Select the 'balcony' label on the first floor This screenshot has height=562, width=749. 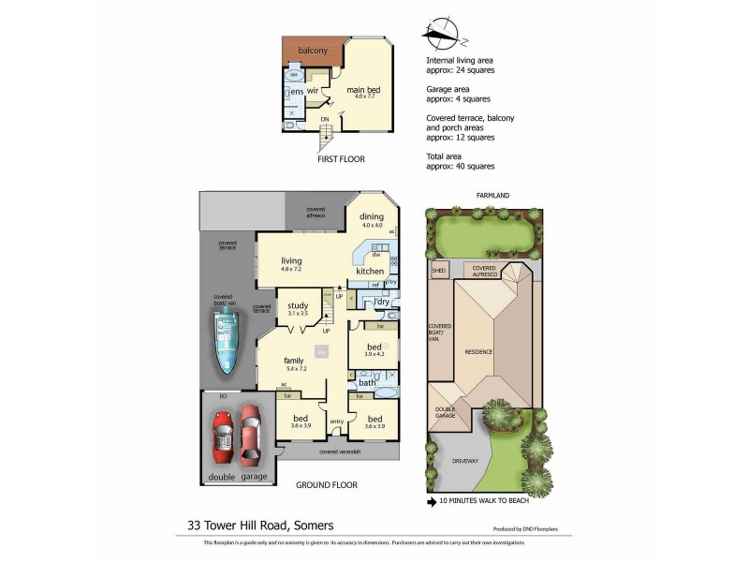pyautogui.click(x=312, y=51)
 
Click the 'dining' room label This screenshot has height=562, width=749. pyautogui.click(x=372, y=216)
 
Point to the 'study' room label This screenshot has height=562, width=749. pyautogui.click(x=299, y=305)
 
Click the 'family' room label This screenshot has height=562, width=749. pyautogui.click(x=296, y=360)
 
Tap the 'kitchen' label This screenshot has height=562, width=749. pyautogui.click(x=370, y=272)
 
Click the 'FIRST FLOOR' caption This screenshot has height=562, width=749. pyautogui.click(x=340, y=159)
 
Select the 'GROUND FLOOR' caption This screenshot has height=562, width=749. pyautogui.click(x=327, y=485)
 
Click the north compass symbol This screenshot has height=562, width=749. pyautogui.click(x=440, y=36)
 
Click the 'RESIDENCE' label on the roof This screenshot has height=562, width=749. pyautogui.click(x=478, y=351)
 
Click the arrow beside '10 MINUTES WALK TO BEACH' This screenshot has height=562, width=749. pyautogui.click(x=432, y=501)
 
